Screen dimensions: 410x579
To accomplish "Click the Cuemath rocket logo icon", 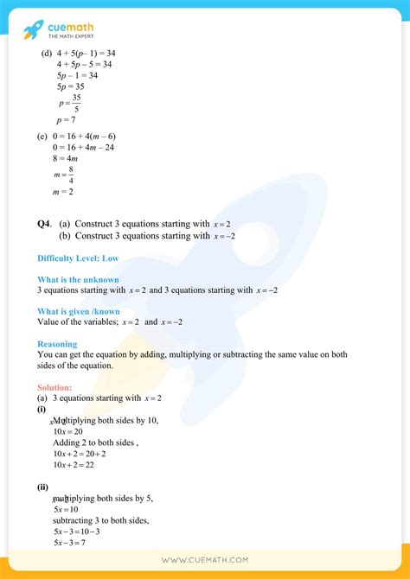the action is [33, 31].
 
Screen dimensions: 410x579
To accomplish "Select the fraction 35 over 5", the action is [77, 103].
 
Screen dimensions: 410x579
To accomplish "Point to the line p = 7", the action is [66, 119].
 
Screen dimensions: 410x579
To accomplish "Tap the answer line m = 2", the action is [62, 191].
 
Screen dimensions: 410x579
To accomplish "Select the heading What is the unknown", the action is [78, 279].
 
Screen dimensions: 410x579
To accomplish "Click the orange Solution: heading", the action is [54, 387].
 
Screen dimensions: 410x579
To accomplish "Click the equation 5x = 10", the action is [66, 509].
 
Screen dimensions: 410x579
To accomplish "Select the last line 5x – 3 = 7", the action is [70, 542].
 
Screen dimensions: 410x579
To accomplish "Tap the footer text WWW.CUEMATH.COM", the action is [205, 561].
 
